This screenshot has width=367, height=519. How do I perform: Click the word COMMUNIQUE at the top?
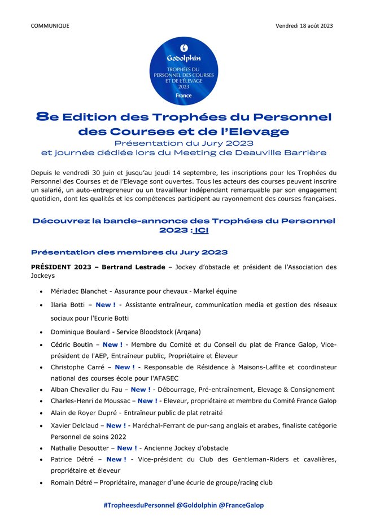pos(50,25)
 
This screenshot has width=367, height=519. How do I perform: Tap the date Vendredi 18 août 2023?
pos(304,25)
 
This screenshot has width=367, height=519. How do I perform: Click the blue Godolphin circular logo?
pos(183,71)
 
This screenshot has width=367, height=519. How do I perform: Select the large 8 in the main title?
pos(41,117)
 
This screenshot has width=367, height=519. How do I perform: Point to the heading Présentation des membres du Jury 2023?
pos(129,251)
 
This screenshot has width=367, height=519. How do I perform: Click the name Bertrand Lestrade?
pos(136,267)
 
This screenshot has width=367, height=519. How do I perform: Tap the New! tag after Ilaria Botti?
pos(106,304)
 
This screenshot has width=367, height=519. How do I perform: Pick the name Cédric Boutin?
pos(76,344)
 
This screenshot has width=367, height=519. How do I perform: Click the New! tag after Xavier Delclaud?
pos(116,425)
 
